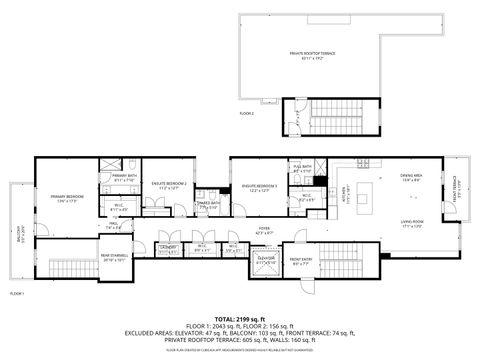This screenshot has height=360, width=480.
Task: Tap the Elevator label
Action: click(266, 259)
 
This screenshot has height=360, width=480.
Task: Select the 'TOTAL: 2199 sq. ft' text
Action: click(239, 318)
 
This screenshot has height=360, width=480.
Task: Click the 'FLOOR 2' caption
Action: click(246, 114)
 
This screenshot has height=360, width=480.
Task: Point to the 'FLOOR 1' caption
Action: click(16, 293)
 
